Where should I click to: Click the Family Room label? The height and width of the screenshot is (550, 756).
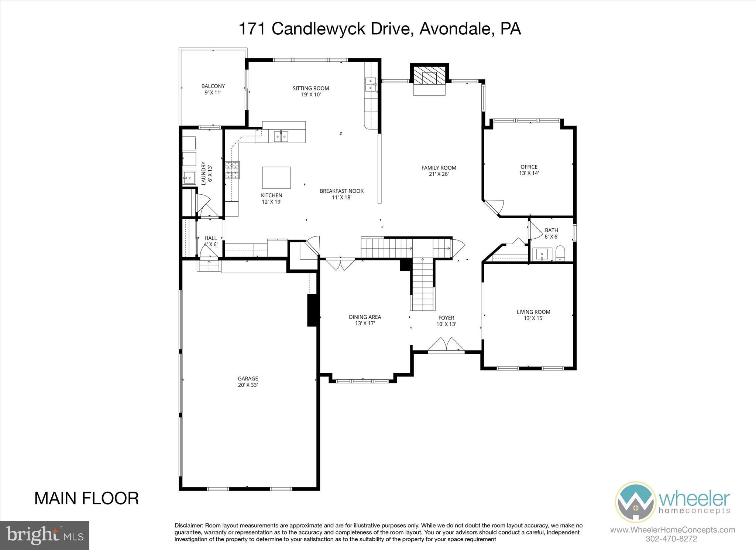click(439, 171)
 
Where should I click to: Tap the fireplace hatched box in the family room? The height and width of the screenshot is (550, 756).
click(429, 77)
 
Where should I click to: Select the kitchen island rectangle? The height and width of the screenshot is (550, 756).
click(276, 178)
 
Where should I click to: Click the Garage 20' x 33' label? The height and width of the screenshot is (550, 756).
click(248, 382)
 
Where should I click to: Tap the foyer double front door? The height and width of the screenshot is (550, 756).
click(446, 345)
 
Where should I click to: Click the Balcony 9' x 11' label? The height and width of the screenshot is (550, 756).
click(213, 89)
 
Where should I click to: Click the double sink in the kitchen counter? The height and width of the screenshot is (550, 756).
click(281, 136)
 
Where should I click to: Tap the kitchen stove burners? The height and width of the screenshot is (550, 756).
click(232, 170)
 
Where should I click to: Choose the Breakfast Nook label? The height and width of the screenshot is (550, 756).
click(341, 194)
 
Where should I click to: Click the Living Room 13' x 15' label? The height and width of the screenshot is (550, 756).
click(533, 315)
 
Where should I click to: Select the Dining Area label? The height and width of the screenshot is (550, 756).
click(365, 320)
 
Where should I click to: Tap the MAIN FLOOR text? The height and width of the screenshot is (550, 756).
click(86, 498)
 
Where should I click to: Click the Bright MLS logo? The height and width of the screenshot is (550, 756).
click(45, 535)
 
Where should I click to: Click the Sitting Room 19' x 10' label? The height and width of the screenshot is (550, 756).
click(310, 91)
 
